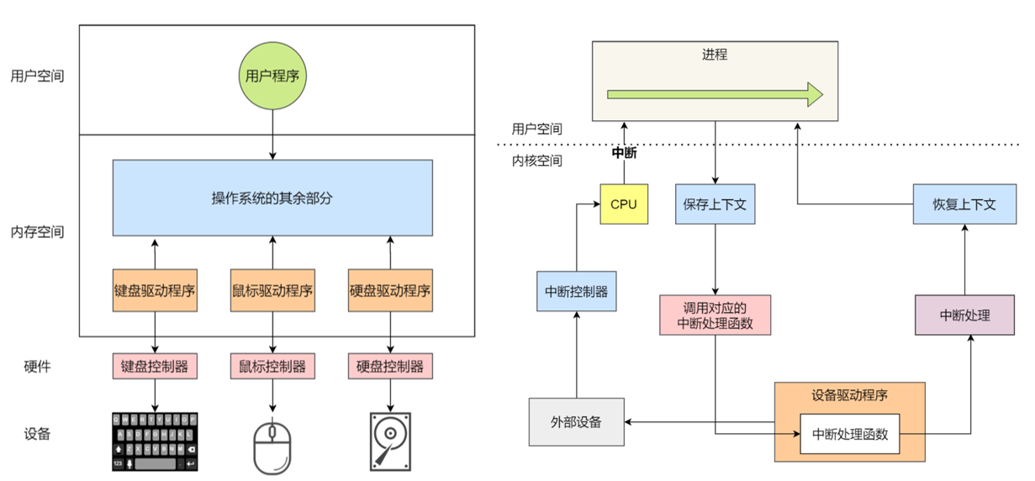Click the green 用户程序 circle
[272, 76]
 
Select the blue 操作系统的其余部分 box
[272, 198]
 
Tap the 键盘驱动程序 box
[155, 291]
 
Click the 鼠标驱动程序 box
[272, 291]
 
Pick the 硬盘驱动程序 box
[389, 291]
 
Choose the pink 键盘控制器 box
[155, 367]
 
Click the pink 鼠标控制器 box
[272, 367]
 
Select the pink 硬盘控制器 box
[389, 367]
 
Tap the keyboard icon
[155, 441]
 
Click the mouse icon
[272, 444]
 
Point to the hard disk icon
[389, 441]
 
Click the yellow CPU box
[624, 204]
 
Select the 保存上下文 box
[715, 204]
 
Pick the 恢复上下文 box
[965, 204]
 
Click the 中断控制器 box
[576, 292]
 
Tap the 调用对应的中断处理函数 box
[715, 314]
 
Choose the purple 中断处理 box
[964, 315]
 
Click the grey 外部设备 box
[576, 421]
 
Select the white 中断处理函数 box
[849, 435]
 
